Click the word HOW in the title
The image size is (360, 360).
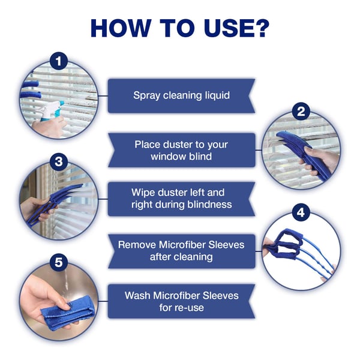[x=121, y=28]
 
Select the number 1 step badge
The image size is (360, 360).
[x=59, y=61]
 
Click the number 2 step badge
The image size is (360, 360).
[x=301, y=112]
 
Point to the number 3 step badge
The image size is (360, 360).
[x=59, y=162]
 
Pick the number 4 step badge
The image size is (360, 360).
[x=301, y=212]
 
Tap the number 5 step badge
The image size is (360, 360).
[x=59, y=262]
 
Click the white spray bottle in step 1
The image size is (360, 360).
[x=50, y=110]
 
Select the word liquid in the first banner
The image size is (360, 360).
[x=217, y=95]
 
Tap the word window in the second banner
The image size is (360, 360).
[x=166, y=157]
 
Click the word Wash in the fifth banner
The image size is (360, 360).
[x=137, y=295]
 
